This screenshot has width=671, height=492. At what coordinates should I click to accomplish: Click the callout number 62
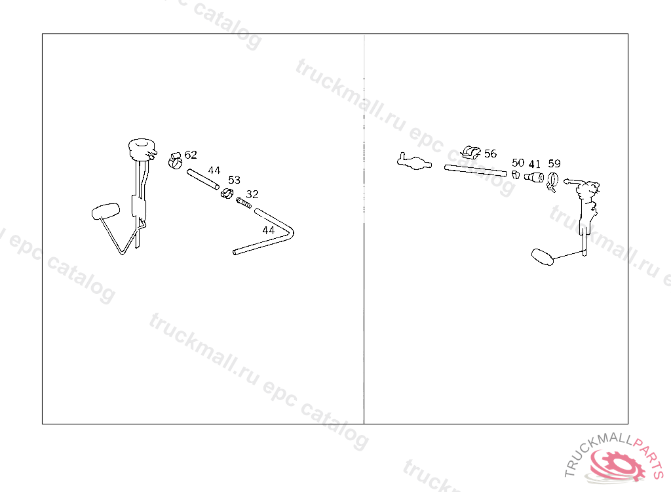point(191,155)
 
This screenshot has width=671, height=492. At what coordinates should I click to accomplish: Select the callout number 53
point(234,180)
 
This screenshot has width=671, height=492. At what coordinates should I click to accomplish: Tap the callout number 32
point(252,194)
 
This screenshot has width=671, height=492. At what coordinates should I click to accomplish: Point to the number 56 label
point(490,154)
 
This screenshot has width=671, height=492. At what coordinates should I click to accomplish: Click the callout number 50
point(518,163)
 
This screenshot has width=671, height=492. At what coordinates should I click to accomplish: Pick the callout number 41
point(535,164)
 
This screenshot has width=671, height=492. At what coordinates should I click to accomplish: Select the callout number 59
point(554,163)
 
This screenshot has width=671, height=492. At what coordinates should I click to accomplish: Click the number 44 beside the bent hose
point(268,230)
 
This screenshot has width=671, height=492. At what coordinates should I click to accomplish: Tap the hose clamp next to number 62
point(175,160)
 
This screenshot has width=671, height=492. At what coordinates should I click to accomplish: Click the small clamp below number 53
point(227,194)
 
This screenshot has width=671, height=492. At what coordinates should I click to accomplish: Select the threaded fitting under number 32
point(244,203)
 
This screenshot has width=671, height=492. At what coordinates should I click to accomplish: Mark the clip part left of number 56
point(470,152)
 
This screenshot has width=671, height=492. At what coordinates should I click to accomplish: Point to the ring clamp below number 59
point(552,181)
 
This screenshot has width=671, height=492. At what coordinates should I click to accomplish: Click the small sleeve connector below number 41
point(534,176)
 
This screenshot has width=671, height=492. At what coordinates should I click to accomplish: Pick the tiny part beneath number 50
point(516,175)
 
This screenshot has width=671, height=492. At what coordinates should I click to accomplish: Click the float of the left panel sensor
point(105,211)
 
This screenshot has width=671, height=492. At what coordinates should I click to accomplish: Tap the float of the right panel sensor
point(543,257)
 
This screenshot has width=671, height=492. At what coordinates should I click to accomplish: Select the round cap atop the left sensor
point(141,148)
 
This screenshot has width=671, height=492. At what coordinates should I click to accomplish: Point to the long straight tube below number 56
point(476,171)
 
